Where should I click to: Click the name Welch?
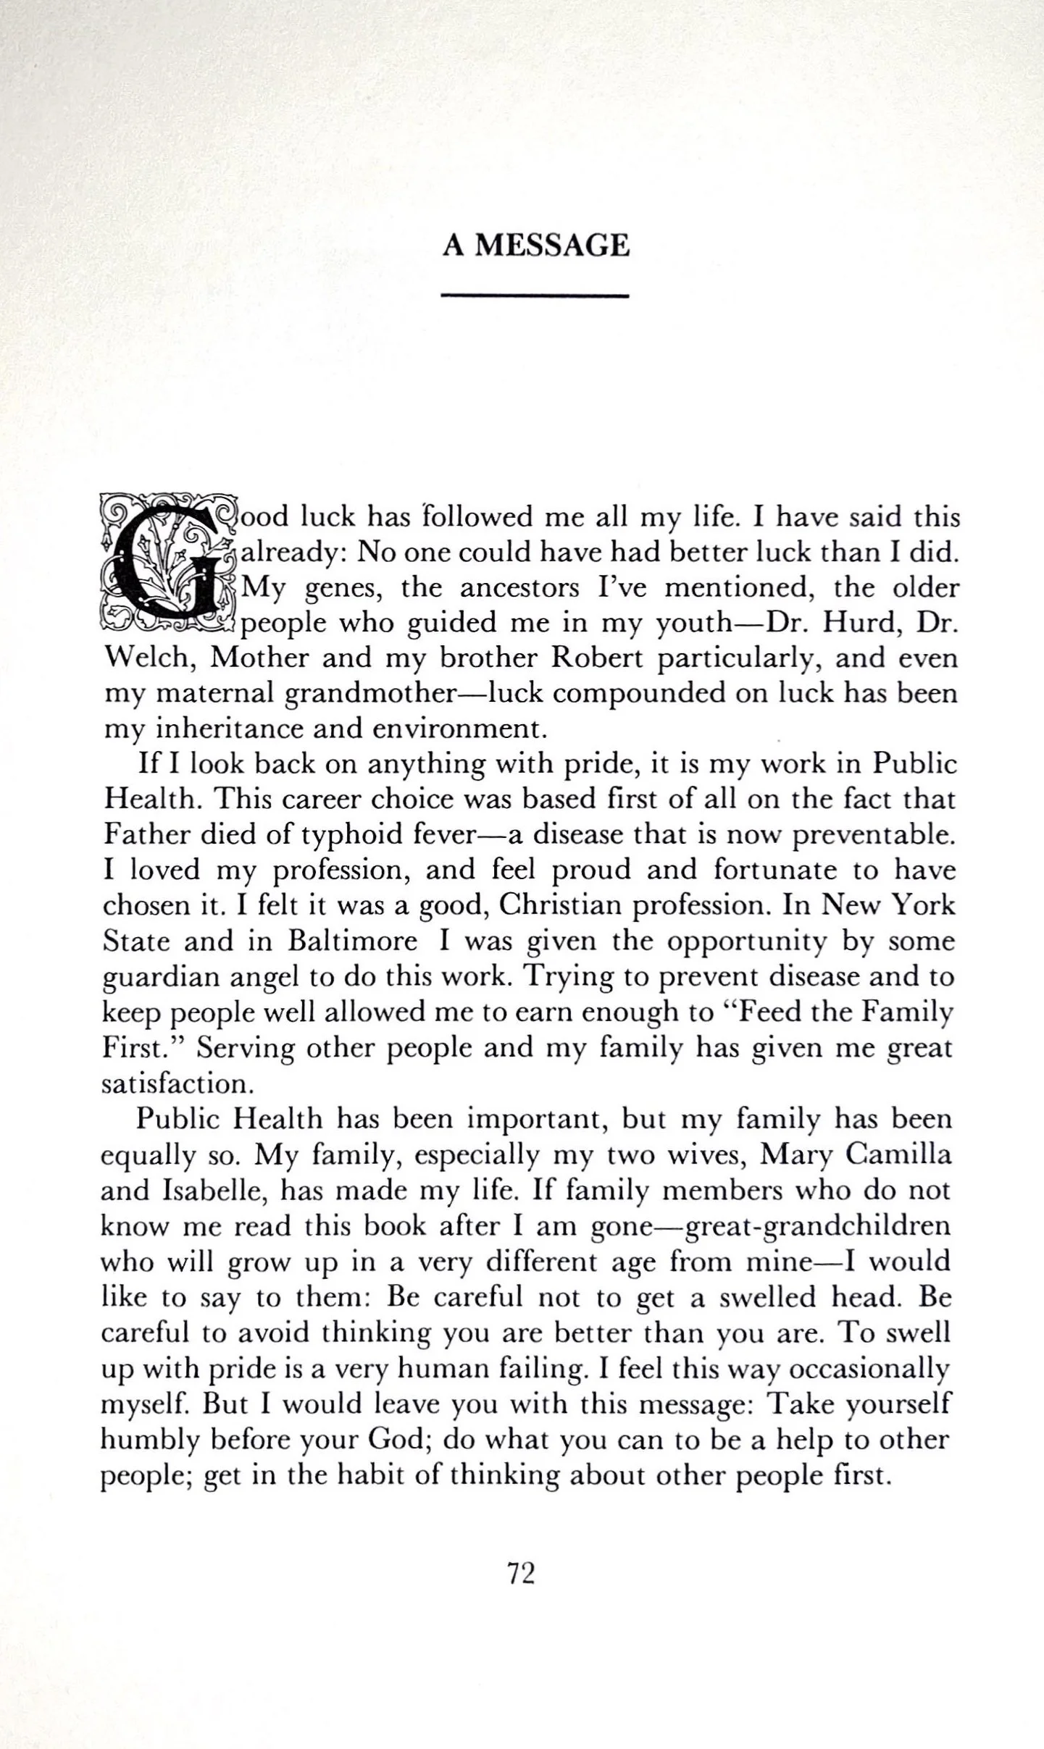pos(148,658)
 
